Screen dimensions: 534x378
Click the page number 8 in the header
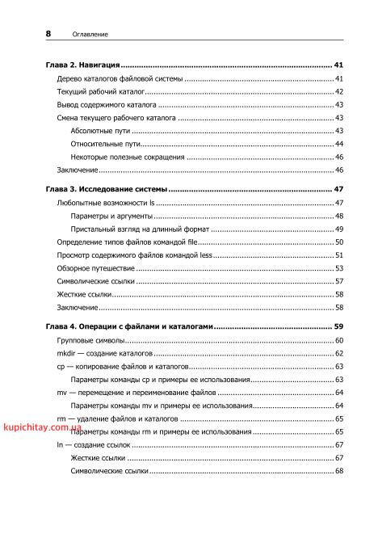pos(48,34)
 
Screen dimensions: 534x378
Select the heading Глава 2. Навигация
pos(83,64)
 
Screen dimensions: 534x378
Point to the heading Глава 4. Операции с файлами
pos(130,326)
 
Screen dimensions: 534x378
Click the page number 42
pos(340,92)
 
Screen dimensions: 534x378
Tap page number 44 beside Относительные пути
pos(340,144)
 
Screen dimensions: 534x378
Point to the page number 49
pos(340,229)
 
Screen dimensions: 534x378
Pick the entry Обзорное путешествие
pos(95,268)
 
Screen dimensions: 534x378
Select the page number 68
pos(340,471)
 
